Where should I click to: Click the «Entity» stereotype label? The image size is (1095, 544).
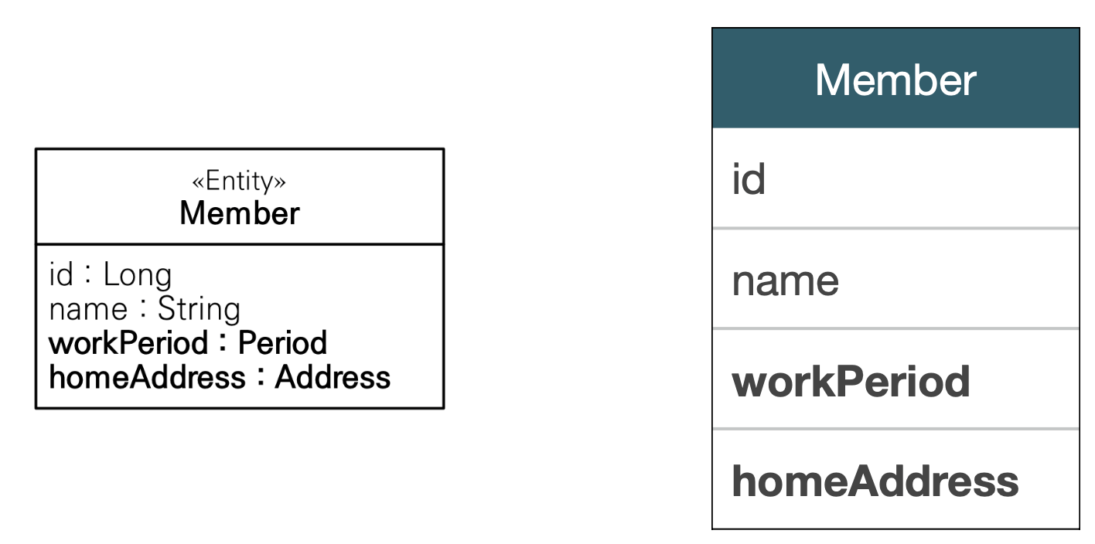239,182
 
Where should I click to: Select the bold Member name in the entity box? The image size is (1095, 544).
239,213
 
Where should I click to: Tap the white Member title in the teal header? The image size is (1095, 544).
895,80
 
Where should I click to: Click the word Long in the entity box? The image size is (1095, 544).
138,275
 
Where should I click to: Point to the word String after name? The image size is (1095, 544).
199,309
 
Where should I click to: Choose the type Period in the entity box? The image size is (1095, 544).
282,343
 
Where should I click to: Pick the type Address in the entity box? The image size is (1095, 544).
333,377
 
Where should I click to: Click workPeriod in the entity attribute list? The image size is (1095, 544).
128,343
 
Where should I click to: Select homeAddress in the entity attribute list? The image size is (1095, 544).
147,377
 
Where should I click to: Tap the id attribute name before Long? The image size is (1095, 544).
60,275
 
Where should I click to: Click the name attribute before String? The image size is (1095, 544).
88,309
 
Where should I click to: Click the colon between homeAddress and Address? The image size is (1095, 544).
261,378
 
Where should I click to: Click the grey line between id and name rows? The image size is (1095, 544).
895,229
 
